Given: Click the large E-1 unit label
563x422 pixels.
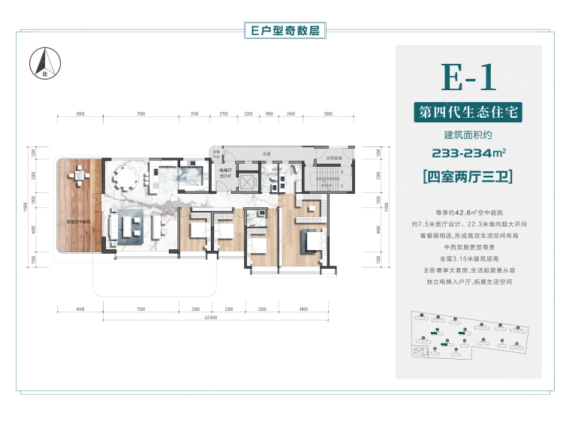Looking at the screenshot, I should click(469, 78).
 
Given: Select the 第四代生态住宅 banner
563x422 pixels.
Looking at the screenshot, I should click(469, 113).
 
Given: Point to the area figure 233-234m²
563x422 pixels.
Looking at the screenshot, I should click(469, 154).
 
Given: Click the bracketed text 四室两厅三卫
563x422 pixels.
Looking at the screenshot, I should click(469, 178).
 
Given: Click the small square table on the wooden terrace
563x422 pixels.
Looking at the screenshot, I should click(77, 177).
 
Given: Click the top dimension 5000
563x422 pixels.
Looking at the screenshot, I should click(327, 114).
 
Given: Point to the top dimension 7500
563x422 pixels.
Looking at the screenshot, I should click(140, 114).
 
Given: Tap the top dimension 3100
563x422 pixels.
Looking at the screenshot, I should click(194, 114).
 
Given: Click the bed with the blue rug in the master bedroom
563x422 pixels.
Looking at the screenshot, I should click(310, 242).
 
